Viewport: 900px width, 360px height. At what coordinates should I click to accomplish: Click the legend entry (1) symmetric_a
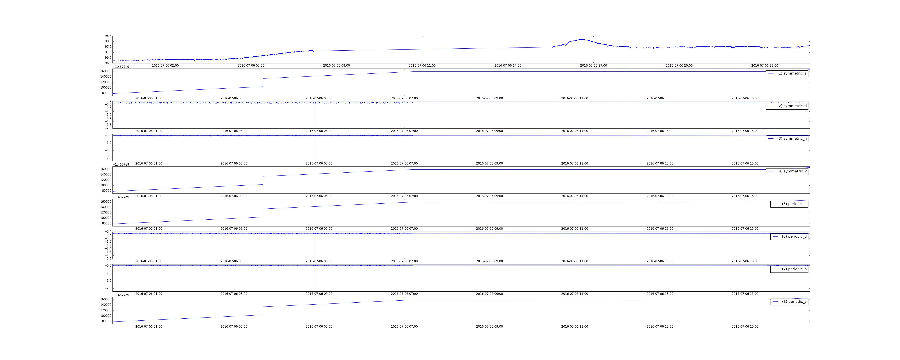point(787,73)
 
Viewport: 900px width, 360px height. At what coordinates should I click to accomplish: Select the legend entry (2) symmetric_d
point(787,106)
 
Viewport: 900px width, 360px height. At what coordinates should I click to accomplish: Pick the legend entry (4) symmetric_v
point(787,171)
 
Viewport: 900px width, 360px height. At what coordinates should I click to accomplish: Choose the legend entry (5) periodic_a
point(789,204)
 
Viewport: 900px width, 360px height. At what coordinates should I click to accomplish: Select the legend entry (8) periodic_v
point(789,302)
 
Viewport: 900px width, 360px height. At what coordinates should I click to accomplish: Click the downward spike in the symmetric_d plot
point(314,115)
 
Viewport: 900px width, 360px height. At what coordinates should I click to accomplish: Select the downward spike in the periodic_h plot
point(314,277)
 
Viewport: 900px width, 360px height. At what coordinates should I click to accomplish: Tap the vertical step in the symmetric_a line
point(263,82)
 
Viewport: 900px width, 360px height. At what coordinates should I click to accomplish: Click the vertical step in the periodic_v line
point(263,311)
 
